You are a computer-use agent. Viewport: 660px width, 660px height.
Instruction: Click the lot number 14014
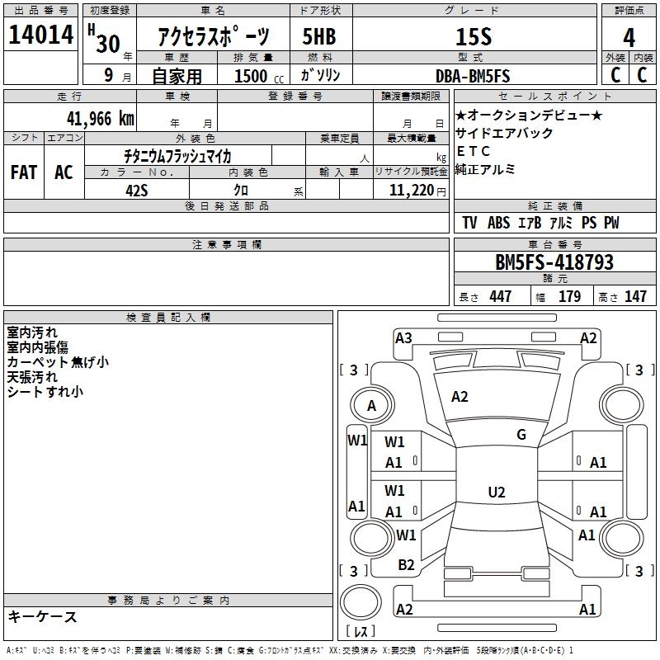pyautogui.click(x=41, y=37)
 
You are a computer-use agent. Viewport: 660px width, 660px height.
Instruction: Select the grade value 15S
pyautogui.click(x=473, y=37)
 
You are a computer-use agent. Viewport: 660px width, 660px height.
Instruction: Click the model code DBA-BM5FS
pyautogui.click(x=473, y=76)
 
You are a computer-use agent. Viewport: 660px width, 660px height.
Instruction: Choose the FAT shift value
pyautogui.click(x=24, y=172)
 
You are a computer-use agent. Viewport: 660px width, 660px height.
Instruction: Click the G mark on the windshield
pyautogui.click(x=521, y=435)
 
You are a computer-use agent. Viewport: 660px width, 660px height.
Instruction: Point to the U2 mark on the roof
pyautogui.click(x=496, y=493)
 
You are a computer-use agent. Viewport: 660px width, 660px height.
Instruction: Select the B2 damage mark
pyautogui.click(x=406, y=565)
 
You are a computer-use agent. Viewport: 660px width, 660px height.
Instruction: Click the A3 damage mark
pyautogui.click(x=403, y=337)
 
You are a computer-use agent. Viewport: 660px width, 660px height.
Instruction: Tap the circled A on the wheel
pyautogui.click(x=372, y=405)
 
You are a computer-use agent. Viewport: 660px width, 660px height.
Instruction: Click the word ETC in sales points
pyautogui.click(x=473, y=151)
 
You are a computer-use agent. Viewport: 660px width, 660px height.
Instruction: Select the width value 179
pyautogui.click(x=569, y=296)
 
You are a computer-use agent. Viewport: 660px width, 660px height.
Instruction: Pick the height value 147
pyautogui.click(x=635, y=296)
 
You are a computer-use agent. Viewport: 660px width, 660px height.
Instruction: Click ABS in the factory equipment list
pyautogui.click(x=498, y=223)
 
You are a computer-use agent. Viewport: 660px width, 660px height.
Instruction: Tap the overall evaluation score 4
pyautogui.click(x=629, y=37)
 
